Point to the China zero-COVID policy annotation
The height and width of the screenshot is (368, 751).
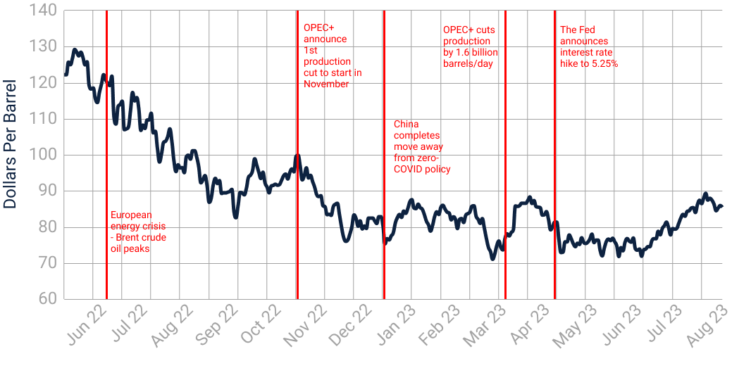[421, 147]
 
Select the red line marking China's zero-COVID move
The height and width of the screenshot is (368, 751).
[383, 211]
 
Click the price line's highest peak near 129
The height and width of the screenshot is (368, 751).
[75, 50]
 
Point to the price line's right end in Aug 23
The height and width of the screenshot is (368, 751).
[722, 205]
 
